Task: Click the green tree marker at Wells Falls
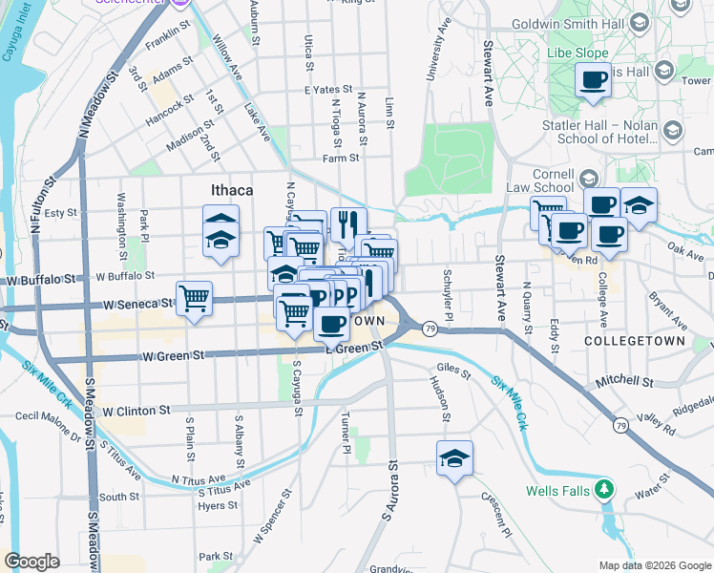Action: [603, 491]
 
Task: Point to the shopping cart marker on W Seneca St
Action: [194, 298]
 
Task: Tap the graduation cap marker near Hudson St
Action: [455, 458]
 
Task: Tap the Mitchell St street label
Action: [624, 381]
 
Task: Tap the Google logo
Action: [31, 562]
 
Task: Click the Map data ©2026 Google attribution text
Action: [654, 565]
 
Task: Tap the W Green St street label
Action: [174, 355]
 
